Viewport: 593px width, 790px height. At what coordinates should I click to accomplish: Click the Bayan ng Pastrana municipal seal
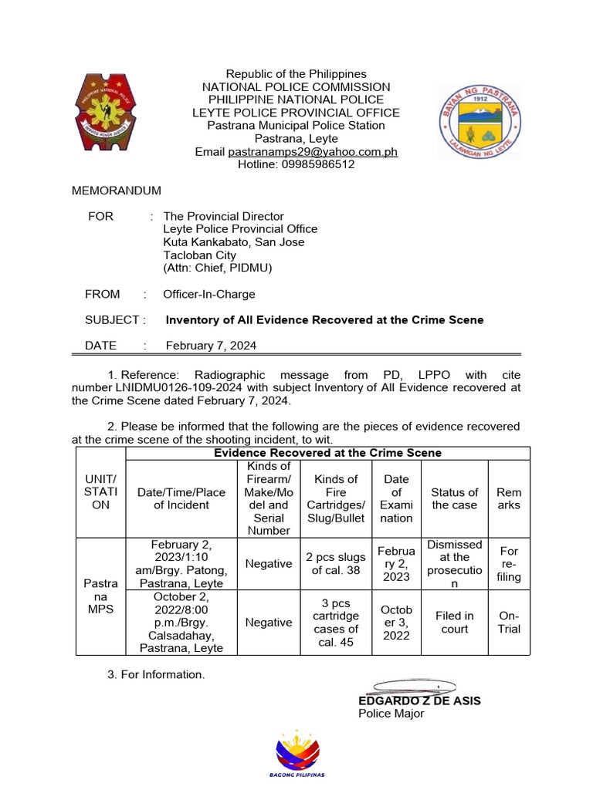pos(479,122)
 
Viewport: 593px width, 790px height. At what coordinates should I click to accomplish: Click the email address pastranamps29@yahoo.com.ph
pos(313,152)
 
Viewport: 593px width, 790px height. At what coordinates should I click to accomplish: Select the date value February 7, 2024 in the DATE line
pos(211,346)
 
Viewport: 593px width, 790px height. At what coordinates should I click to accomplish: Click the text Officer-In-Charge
pos(208,294)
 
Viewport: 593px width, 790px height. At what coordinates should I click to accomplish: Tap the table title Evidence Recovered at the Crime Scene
pos(327,453)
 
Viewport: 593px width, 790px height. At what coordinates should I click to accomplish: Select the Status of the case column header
pos(455,498)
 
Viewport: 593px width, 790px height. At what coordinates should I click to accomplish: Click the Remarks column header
pos(509,498)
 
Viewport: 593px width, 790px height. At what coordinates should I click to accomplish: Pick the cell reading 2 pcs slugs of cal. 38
pos(336,564)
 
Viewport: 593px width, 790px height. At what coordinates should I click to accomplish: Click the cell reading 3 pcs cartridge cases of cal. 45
pos(336,623)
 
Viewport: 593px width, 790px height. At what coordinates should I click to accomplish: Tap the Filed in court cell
pos(455,623)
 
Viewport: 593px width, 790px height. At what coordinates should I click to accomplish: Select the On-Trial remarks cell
pos(509,623)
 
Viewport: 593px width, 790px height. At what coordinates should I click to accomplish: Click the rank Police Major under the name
pos(391,714)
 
